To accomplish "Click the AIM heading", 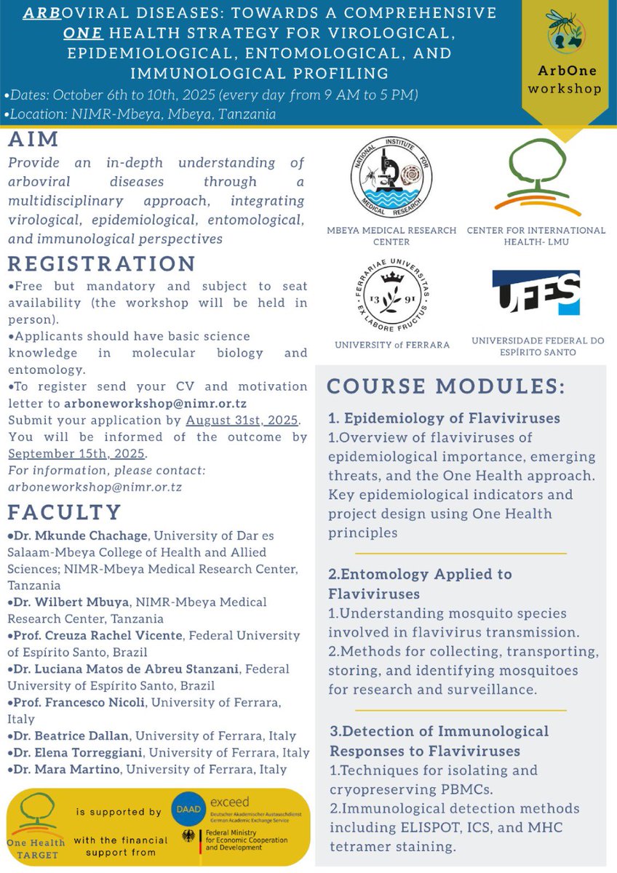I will point(33,140).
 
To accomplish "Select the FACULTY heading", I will point(65,512).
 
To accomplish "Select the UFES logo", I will point(536,294).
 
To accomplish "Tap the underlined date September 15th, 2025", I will point(76,453).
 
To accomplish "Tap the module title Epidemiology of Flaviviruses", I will point(444,418).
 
